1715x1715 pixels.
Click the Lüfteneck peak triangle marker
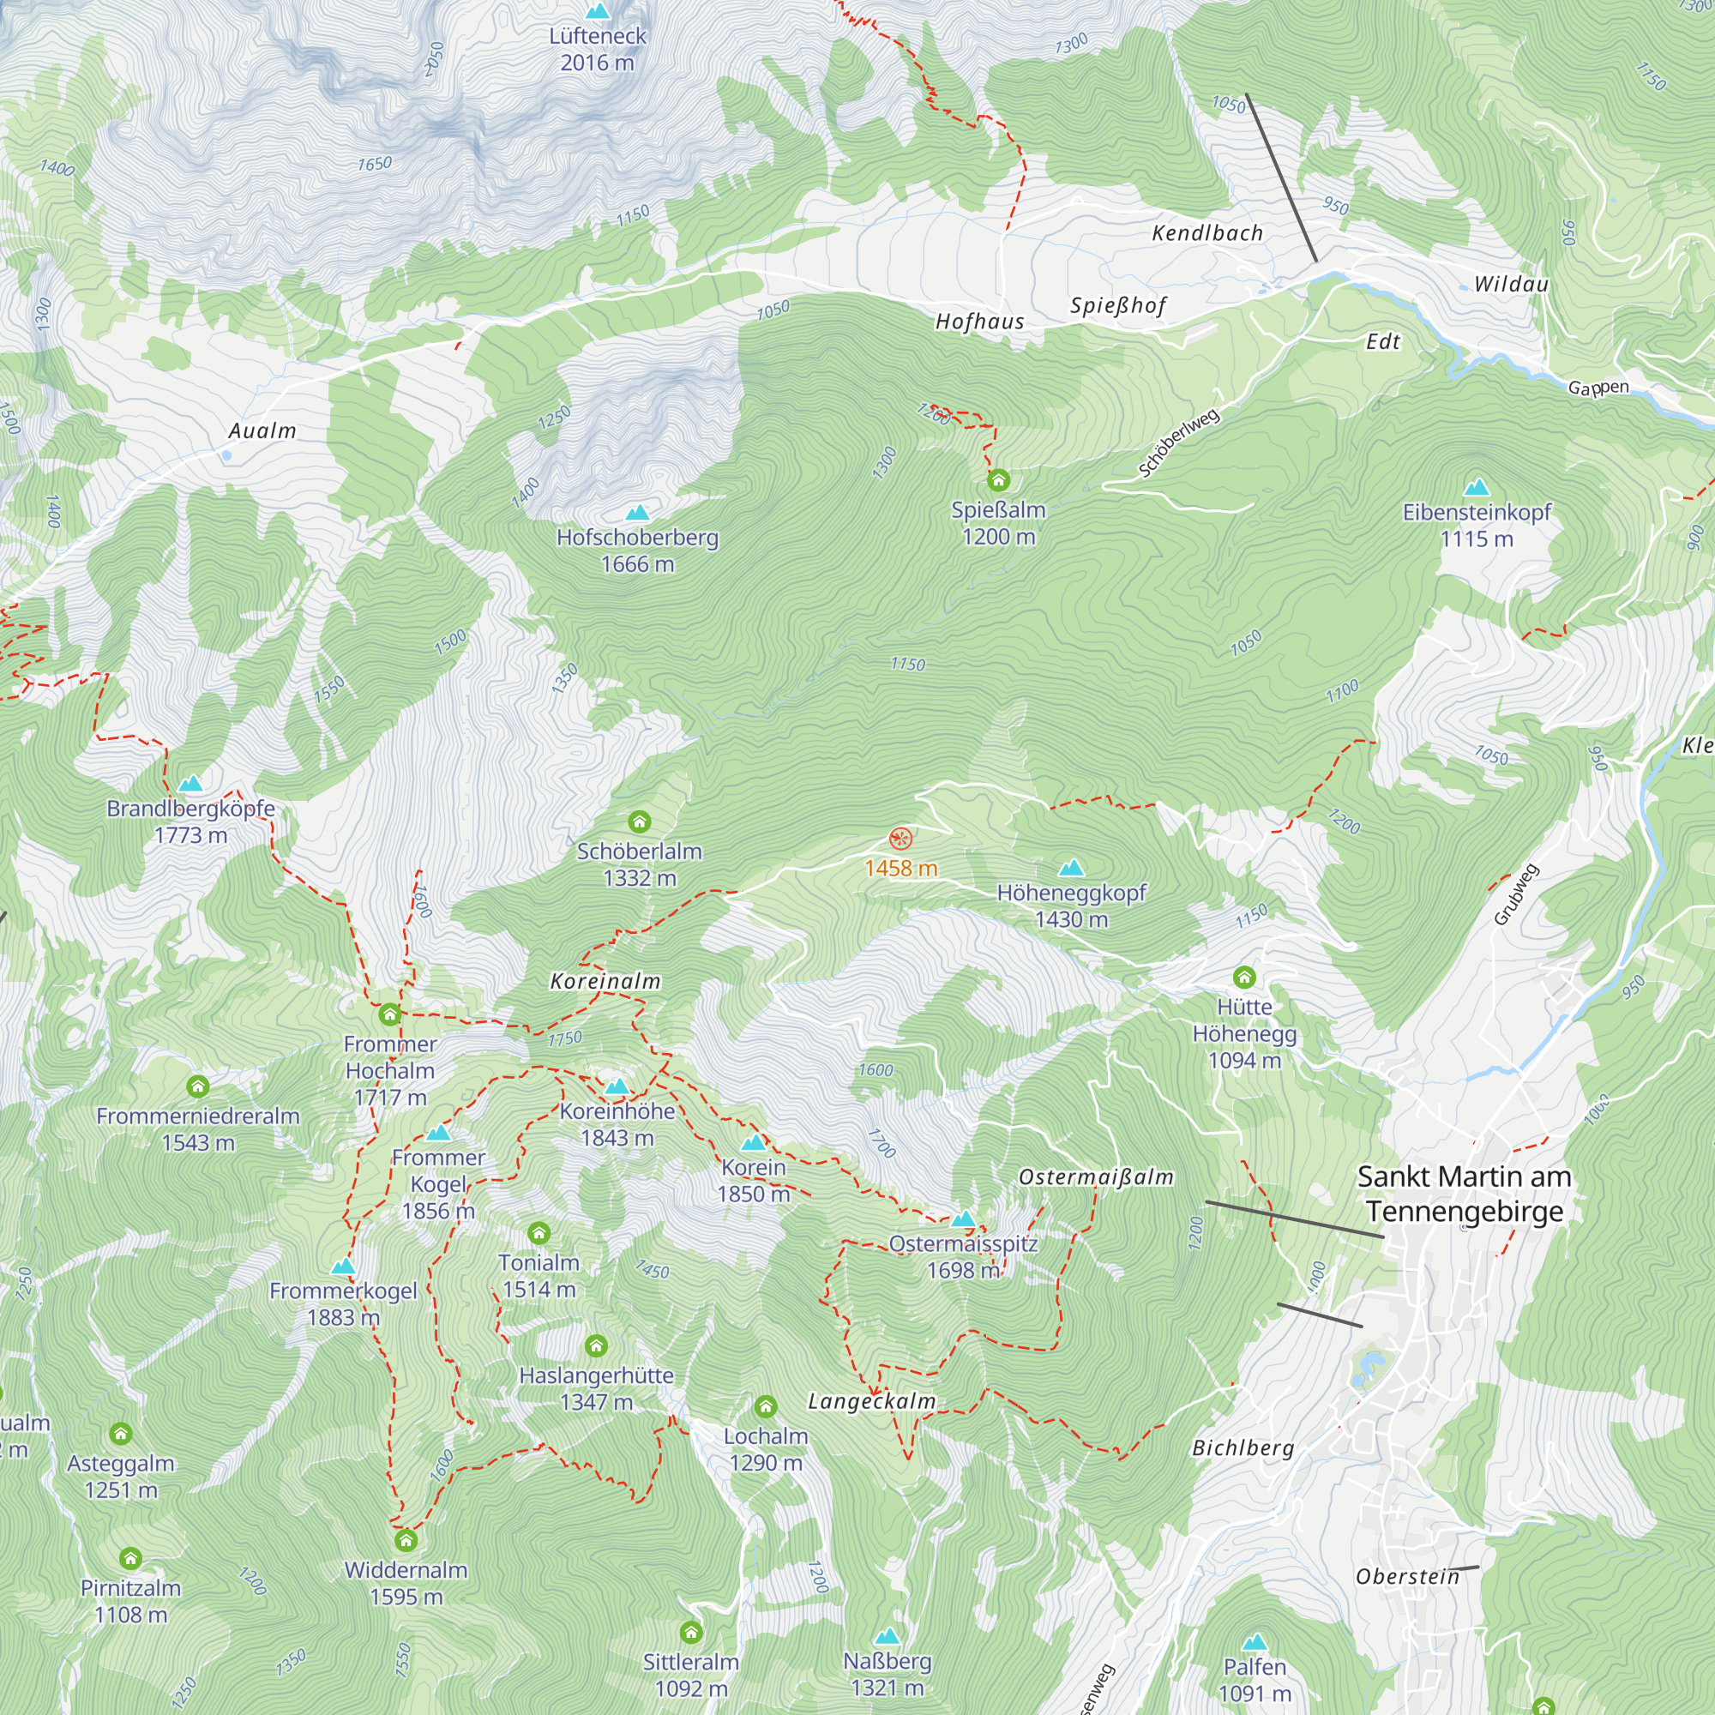click(599, 11)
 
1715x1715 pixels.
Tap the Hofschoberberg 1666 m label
click(637, 551)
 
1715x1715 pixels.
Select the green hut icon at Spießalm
click(999, 480)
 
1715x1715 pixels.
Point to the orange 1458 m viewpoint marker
click(900, 838)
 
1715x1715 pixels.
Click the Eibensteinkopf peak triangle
click(1477, 487)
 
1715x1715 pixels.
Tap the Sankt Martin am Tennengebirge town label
click(1464, 1193)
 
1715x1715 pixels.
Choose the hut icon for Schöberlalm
click(639, 821)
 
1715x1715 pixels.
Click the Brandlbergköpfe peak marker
click(191, 784)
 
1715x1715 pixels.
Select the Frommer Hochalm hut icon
click(389, 1014)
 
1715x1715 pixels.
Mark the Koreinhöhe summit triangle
click(617, 1086)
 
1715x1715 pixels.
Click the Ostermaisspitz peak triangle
click(963, 1219)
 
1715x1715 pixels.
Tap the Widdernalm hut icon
click(406, 1539)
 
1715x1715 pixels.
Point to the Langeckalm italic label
click(872, 1402)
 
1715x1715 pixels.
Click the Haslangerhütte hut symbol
click(597, 1346)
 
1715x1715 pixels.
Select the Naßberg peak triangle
click(887, 1636)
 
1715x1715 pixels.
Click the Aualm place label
click(262, 431)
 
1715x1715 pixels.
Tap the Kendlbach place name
click(1207, 233)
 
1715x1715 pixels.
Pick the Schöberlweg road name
click(1179, 442)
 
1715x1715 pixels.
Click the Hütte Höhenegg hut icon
click(1244, 978)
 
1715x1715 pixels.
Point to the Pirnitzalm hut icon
click(130, 1558)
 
